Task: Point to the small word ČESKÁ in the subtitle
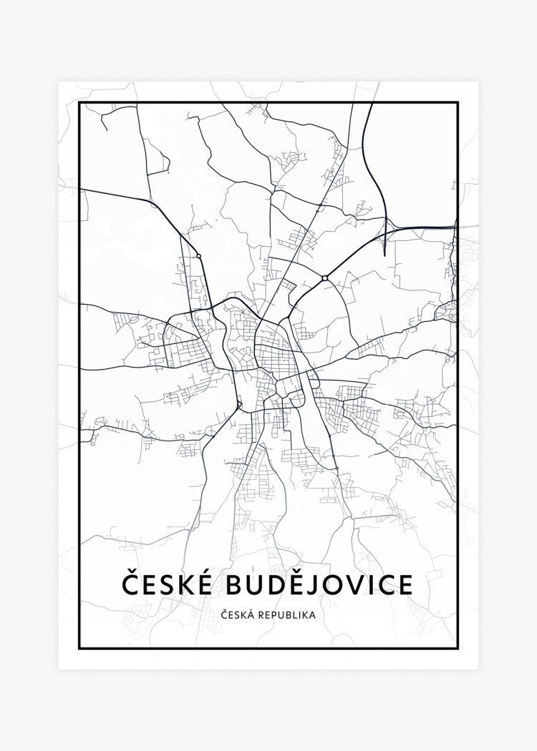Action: pyautogui.click(x=236, y=614)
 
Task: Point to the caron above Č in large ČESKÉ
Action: pyautogui.click(x=130, y=571)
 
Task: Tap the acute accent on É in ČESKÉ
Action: pyautogui.click(x=203, y=571)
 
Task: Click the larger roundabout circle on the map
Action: pyautogui.click(x=325, y=278)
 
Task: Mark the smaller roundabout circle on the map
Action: pyautogui.click(x=199, y=255)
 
